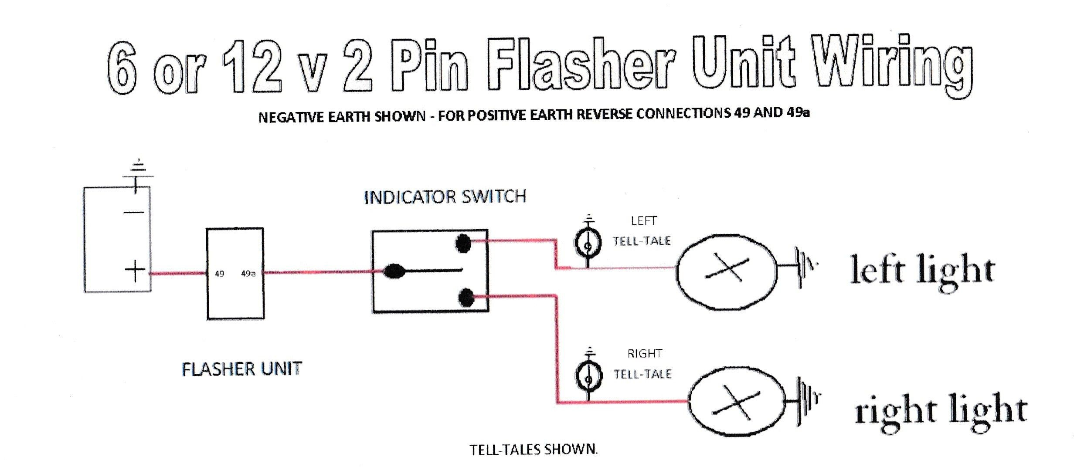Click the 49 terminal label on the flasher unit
219,274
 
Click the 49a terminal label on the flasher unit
248,274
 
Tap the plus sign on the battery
135,271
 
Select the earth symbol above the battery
138,172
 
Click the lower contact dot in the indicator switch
466,298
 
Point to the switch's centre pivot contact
394,271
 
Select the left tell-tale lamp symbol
588,245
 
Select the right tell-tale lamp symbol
588,378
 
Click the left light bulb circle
727,271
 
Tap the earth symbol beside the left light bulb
805,267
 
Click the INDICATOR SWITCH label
445,197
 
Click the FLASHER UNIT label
241,369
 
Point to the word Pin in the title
429,65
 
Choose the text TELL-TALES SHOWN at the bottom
533,450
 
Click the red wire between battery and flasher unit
178,274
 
